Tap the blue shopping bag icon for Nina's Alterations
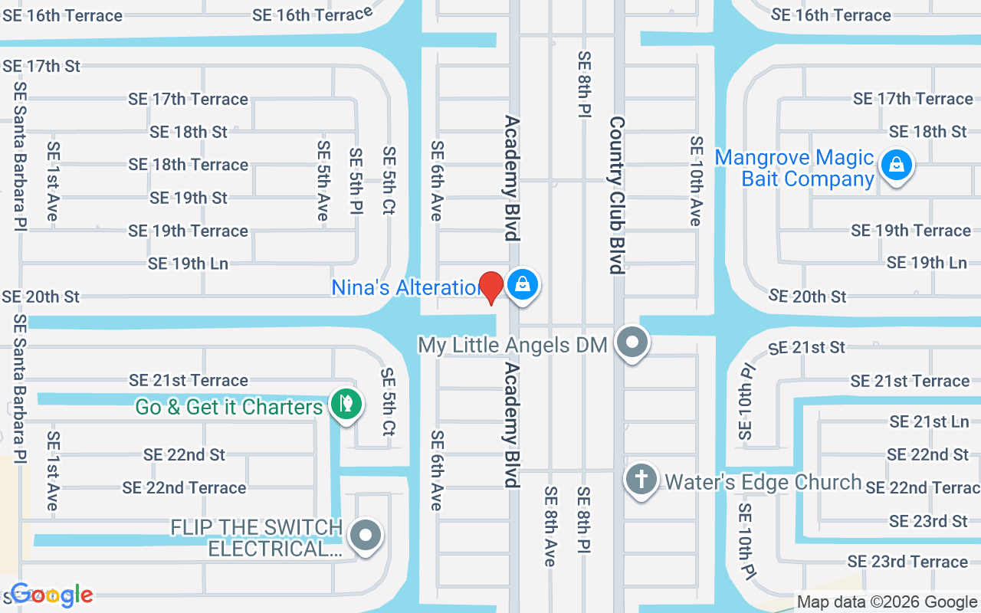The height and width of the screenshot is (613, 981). click(x=522, y=284)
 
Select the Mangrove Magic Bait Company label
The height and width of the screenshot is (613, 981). click(x=795, y=169)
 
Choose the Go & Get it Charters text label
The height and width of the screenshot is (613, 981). click(x=229, y=407)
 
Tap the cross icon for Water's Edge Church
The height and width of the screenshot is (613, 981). click(x=641, y=480)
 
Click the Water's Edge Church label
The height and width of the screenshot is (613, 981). click(x=763, y=483)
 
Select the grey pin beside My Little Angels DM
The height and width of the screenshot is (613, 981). click(x=632, y=342)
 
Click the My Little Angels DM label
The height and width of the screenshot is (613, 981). click(x=513, y=345)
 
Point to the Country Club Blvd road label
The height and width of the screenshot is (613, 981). click(x=617, y=195)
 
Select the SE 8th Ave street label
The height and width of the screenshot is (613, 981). click(x=550, y=526)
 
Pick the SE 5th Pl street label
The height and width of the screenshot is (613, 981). click(x=356, y=181)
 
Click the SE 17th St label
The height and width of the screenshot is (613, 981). click(x=41, y=66)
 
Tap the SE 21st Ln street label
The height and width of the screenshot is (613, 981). click(x=929, y=421)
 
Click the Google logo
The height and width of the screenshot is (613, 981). click(x=52, y=595)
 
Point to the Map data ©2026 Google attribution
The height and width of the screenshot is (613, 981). click(x=887, y=602)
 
